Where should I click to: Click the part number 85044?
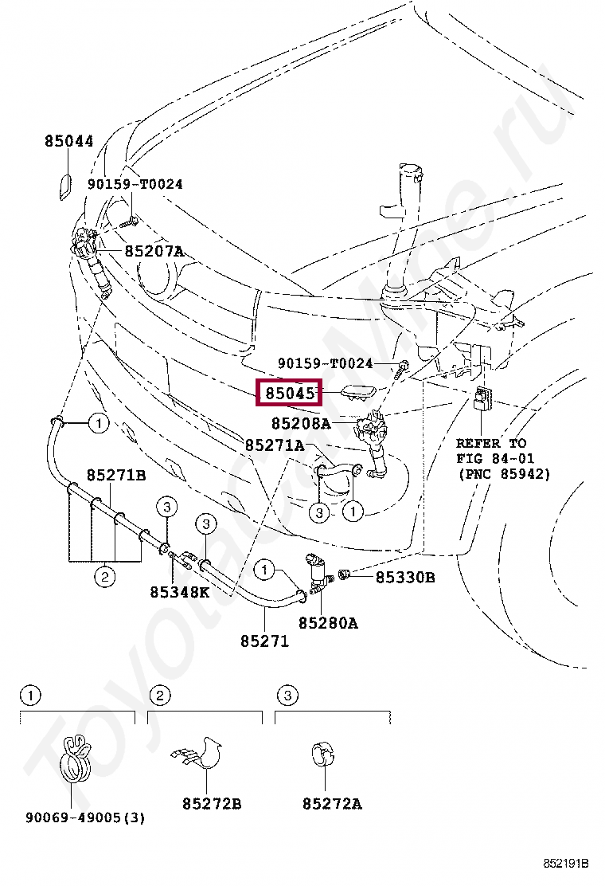68,141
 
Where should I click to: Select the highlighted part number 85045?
290,393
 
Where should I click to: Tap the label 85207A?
154,251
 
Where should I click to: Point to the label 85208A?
301,423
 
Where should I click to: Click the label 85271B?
116,475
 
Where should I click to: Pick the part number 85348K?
179,592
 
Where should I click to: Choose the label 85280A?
328,623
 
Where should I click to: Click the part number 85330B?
405,578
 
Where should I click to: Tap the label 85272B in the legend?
212,803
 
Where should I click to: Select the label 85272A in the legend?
332,803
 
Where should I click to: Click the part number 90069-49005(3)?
84,817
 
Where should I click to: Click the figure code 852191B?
566,864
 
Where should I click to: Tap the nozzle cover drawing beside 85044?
65,187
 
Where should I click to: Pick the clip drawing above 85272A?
323,755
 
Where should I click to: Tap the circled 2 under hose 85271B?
104,577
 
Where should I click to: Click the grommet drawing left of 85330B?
343,574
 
